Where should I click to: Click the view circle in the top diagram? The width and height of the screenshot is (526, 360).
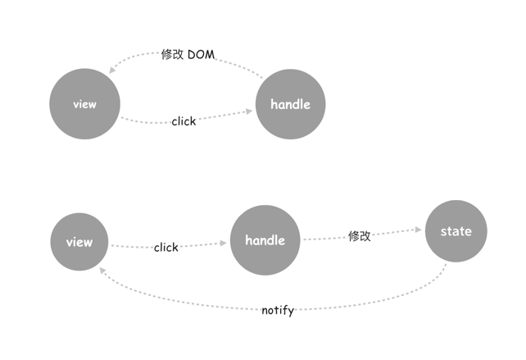84,104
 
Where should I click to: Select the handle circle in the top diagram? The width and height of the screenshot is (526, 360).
291,104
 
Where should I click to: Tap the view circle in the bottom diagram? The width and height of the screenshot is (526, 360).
79,242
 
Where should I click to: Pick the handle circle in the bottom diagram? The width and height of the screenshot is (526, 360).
265,240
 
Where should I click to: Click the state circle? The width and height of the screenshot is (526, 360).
456,231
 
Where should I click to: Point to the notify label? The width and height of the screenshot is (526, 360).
278,311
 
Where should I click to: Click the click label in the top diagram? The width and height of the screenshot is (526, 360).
184,121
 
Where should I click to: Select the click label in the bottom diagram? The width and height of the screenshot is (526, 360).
166,247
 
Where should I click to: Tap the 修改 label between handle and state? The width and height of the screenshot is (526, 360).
360,236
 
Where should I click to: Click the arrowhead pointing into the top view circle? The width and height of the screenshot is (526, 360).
112,71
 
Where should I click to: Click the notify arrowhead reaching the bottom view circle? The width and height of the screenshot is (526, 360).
101,269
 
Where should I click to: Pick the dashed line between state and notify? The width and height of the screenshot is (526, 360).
393,298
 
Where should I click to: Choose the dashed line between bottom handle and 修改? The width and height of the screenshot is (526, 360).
324,239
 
